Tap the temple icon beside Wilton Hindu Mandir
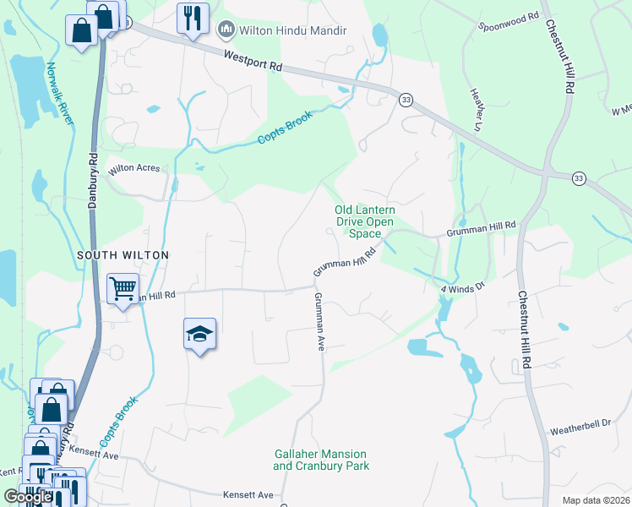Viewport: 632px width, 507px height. (226, 31)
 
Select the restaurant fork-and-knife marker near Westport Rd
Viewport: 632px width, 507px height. (193, 17)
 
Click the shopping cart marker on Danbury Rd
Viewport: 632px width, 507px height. (123, 289)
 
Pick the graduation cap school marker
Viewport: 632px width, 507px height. (199, 335)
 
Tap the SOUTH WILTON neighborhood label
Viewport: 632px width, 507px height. (123, 254)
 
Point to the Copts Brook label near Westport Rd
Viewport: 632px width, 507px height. (285, 127)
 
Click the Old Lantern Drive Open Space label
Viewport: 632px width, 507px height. (365, 221)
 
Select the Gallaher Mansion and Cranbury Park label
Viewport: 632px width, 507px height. (321, 460)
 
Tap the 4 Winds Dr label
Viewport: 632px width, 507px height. (462, 287)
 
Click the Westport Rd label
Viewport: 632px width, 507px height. (253, 62)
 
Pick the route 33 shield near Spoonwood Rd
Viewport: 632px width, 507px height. (406, 100)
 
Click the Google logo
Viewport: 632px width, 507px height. (28, 498)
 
